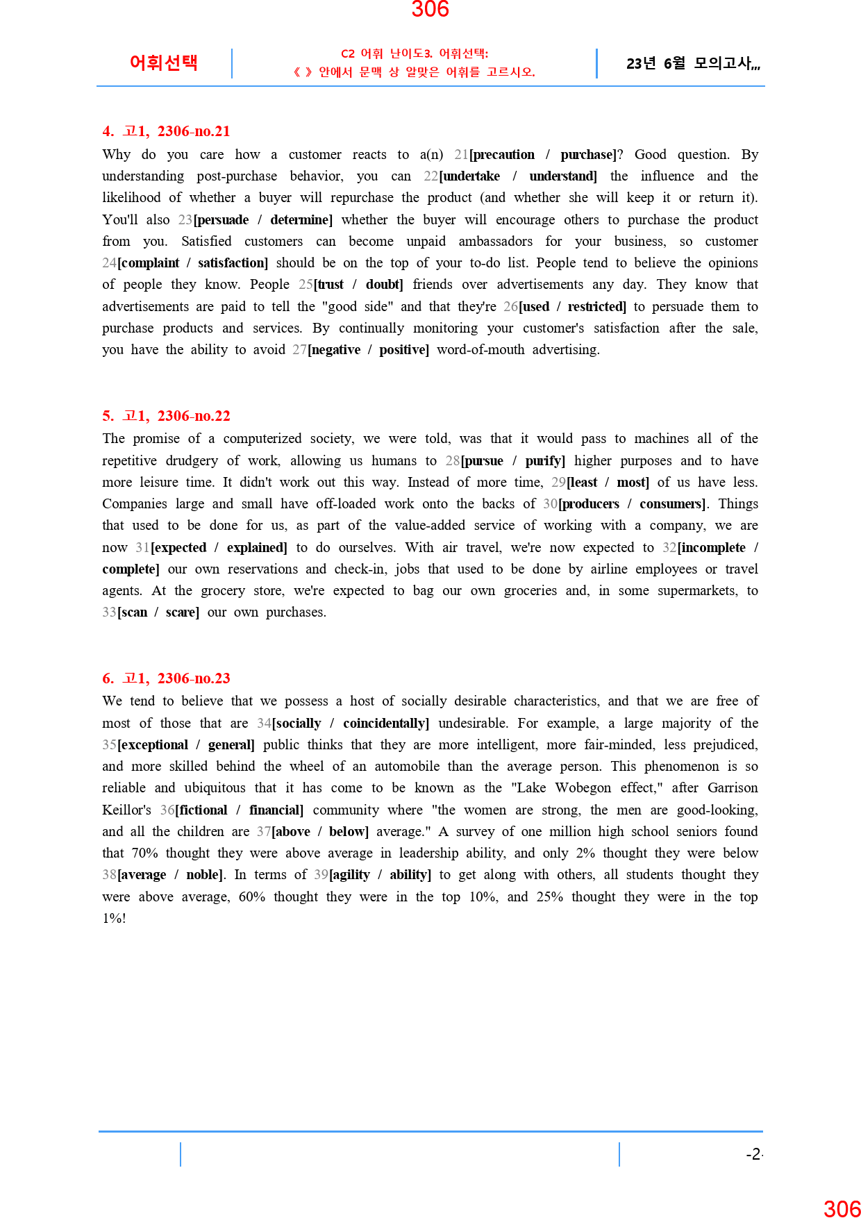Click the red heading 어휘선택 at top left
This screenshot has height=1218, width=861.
pos(164,62)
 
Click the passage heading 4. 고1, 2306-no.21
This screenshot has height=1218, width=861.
pos(166,131)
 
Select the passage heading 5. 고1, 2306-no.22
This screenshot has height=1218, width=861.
pos(166,416)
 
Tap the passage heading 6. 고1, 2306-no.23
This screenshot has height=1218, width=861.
pos(166,678)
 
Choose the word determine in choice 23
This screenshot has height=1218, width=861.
pos(300,220)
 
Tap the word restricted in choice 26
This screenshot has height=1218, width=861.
pos(596,307)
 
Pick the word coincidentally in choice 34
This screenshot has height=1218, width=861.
pos(385,724)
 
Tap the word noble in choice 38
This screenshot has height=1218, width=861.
pos(203,875)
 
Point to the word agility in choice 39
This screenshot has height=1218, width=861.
pos(351,875)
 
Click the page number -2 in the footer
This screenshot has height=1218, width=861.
pos(753,1154)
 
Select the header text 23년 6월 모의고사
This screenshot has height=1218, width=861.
pos(692,64)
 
